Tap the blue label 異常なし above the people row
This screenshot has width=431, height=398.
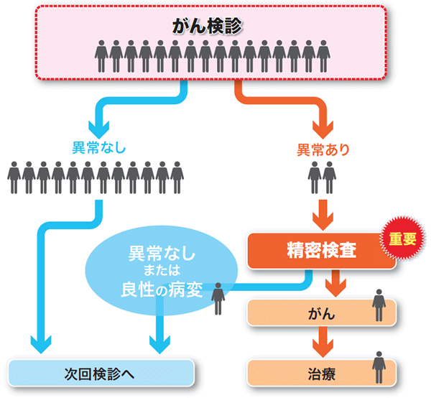click(x=98, y=149)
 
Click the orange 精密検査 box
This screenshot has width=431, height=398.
click(x=321, y=250)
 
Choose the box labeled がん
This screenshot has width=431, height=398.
click(x=321, y=314)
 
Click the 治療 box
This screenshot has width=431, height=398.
click(x=321, y=374)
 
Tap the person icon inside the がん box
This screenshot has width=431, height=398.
click(x=379, y=307)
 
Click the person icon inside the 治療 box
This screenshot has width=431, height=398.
click(x=379, y=367)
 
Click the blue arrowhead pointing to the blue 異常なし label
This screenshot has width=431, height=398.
click(x=98, y=128)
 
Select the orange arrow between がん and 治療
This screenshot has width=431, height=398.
click(x=322, y=346)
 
